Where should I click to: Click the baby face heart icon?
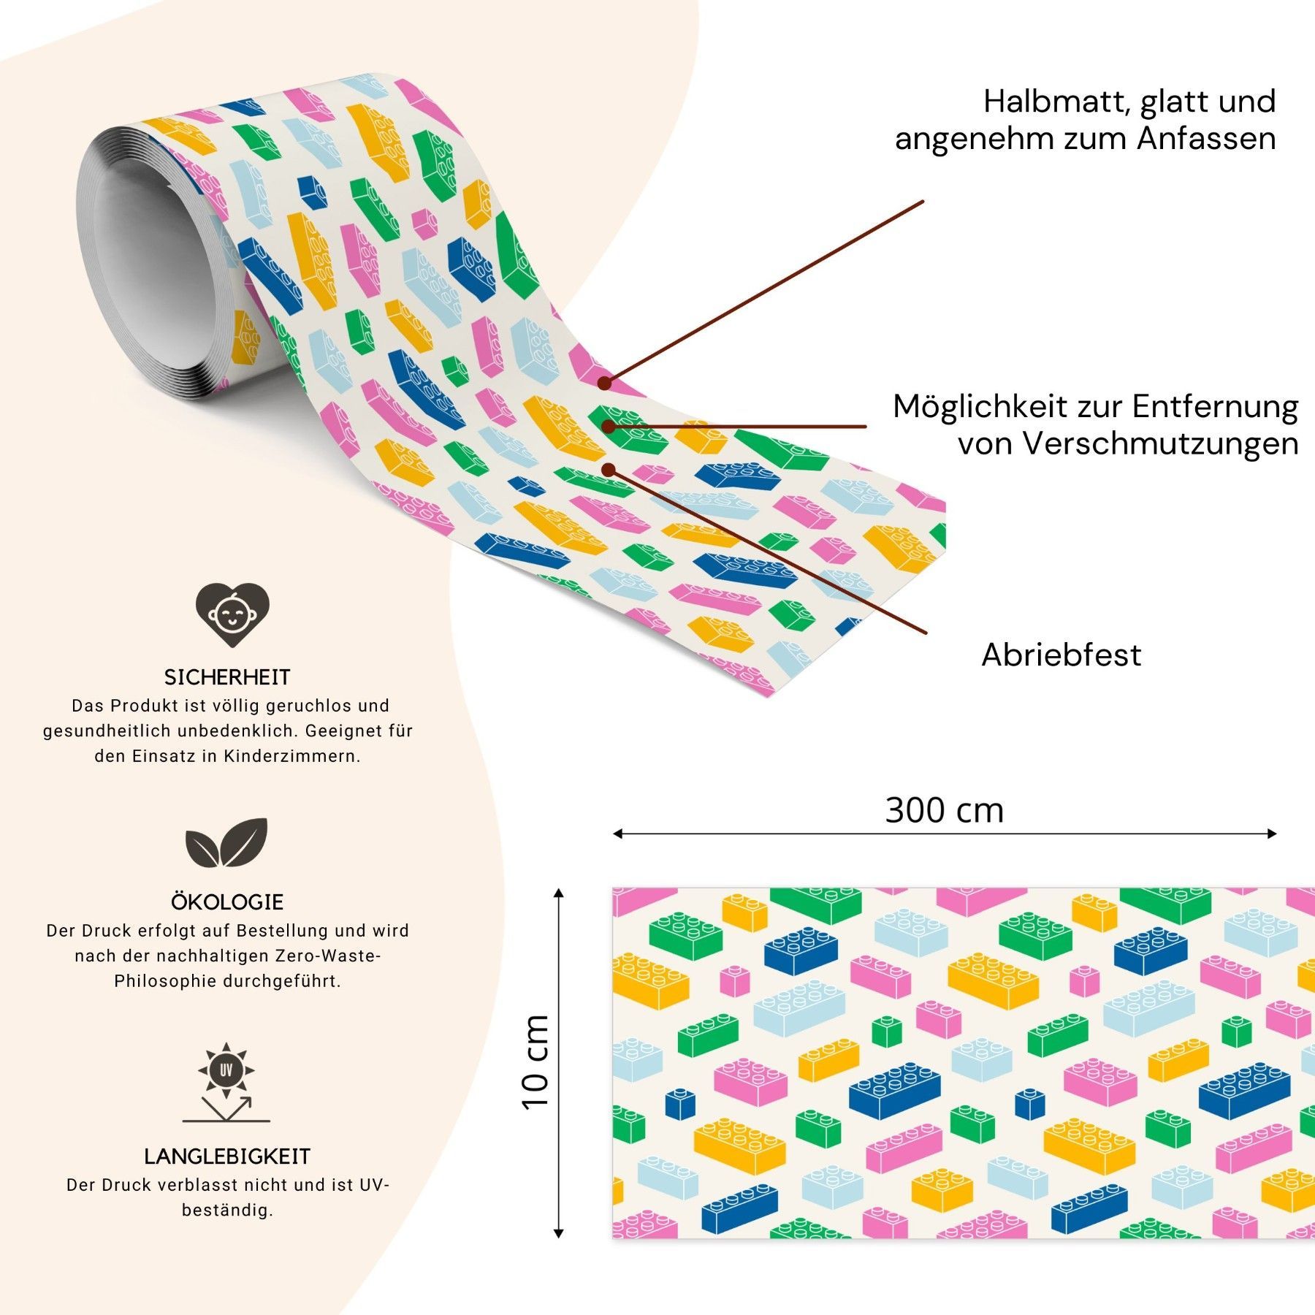coord(232,614)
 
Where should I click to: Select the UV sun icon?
coord(226,1070)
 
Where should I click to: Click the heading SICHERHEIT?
coord(227,677)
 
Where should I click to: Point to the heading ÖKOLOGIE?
coord(227,902)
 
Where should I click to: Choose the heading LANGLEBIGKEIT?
coord(227,1156)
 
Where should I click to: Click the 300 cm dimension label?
coord(944,810)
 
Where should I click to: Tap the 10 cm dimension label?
coord(535,1062)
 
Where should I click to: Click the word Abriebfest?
coord(1061,655)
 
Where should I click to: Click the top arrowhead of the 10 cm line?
coord(559,893)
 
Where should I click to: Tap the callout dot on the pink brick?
coord(604,383)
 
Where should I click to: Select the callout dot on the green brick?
coord(608,426)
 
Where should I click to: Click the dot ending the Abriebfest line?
coord(608,470)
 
